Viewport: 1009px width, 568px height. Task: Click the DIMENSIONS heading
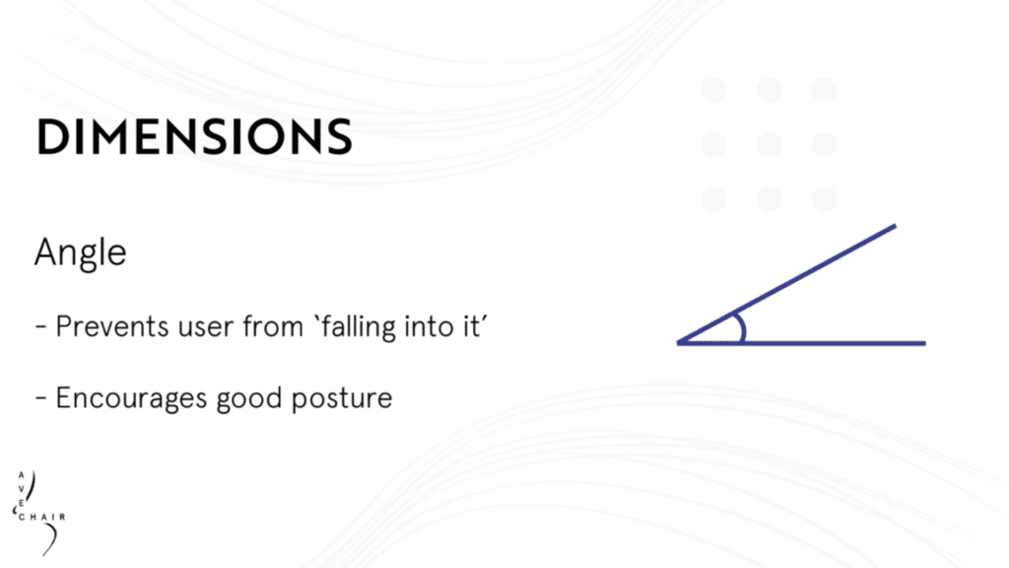point(194,136)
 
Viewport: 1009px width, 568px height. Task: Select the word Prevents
point(112,326)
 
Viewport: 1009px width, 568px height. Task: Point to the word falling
point(358,326)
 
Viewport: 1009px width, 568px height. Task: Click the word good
point(249,398)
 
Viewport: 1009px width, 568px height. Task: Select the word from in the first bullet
point(273,326)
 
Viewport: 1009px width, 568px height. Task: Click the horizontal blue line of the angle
point(801,343)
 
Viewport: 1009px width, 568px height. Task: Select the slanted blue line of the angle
point(786,284)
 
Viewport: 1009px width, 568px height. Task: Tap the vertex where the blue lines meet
point(678,343)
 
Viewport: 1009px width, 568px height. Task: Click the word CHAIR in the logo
point(41,517)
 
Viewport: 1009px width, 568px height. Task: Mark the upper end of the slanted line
point(895,226)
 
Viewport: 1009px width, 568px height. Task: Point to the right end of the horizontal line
point(925,343)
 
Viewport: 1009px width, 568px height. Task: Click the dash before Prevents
point(41,327)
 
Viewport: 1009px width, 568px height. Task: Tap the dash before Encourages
point(41,398)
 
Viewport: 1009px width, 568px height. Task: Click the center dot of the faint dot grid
point(769,144)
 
